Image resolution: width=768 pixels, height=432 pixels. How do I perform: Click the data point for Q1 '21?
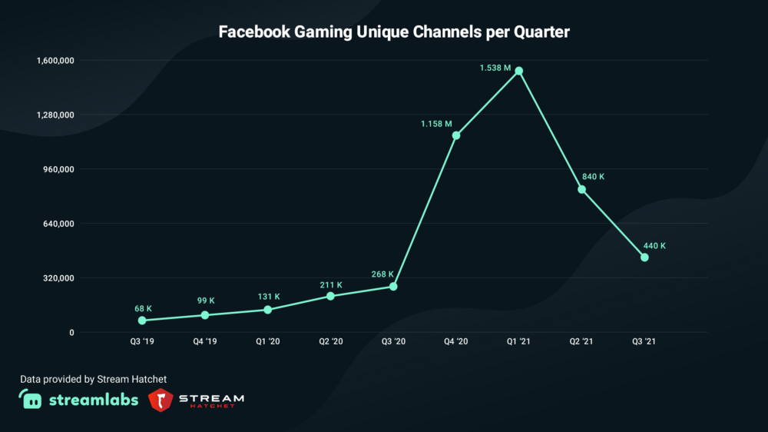pyautogui.click(x=519, y=71)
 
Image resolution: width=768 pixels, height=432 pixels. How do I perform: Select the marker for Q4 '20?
pyautogui.click(x=456, y=136)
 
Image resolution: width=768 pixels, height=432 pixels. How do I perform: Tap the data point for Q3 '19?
pyautogui.click(x=142, y=321)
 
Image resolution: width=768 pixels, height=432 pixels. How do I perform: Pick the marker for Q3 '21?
pyautogui.click(x=644, y=258)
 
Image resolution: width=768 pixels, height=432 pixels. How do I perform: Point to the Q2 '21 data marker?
pyautogui.click(x=582, y=189)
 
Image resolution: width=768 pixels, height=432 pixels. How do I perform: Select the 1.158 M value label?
pyautogui.click(x=436, y=124)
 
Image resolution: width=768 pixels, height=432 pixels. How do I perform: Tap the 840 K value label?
pyautogui.click(x=594, y=177)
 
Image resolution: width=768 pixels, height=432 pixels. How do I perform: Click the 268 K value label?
pyautogui.click(x=382, y=274)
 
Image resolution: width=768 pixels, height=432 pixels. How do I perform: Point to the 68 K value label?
pyautogui.click(x=144, y=308)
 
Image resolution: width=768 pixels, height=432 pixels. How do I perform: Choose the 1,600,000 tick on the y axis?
pyautogui.click(x=52, y=60)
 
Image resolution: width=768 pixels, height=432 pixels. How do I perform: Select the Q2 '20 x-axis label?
pyautogui.click(x=331, y=341)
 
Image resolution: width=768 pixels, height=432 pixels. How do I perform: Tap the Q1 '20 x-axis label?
pyautogui.click(x=268, y=341)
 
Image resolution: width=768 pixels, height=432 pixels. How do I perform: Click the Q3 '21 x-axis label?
pyautogui.click(x=644, y=341)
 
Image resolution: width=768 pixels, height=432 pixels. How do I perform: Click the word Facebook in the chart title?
pyautogui.click(x=254, y=32)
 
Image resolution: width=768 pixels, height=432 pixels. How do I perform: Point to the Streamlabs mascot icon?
pyautogui.click(x=31, y=399)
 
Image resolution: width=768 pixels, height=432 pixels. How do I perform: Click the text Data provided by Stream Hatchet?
pyautogui.click(x=93, y=379)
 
